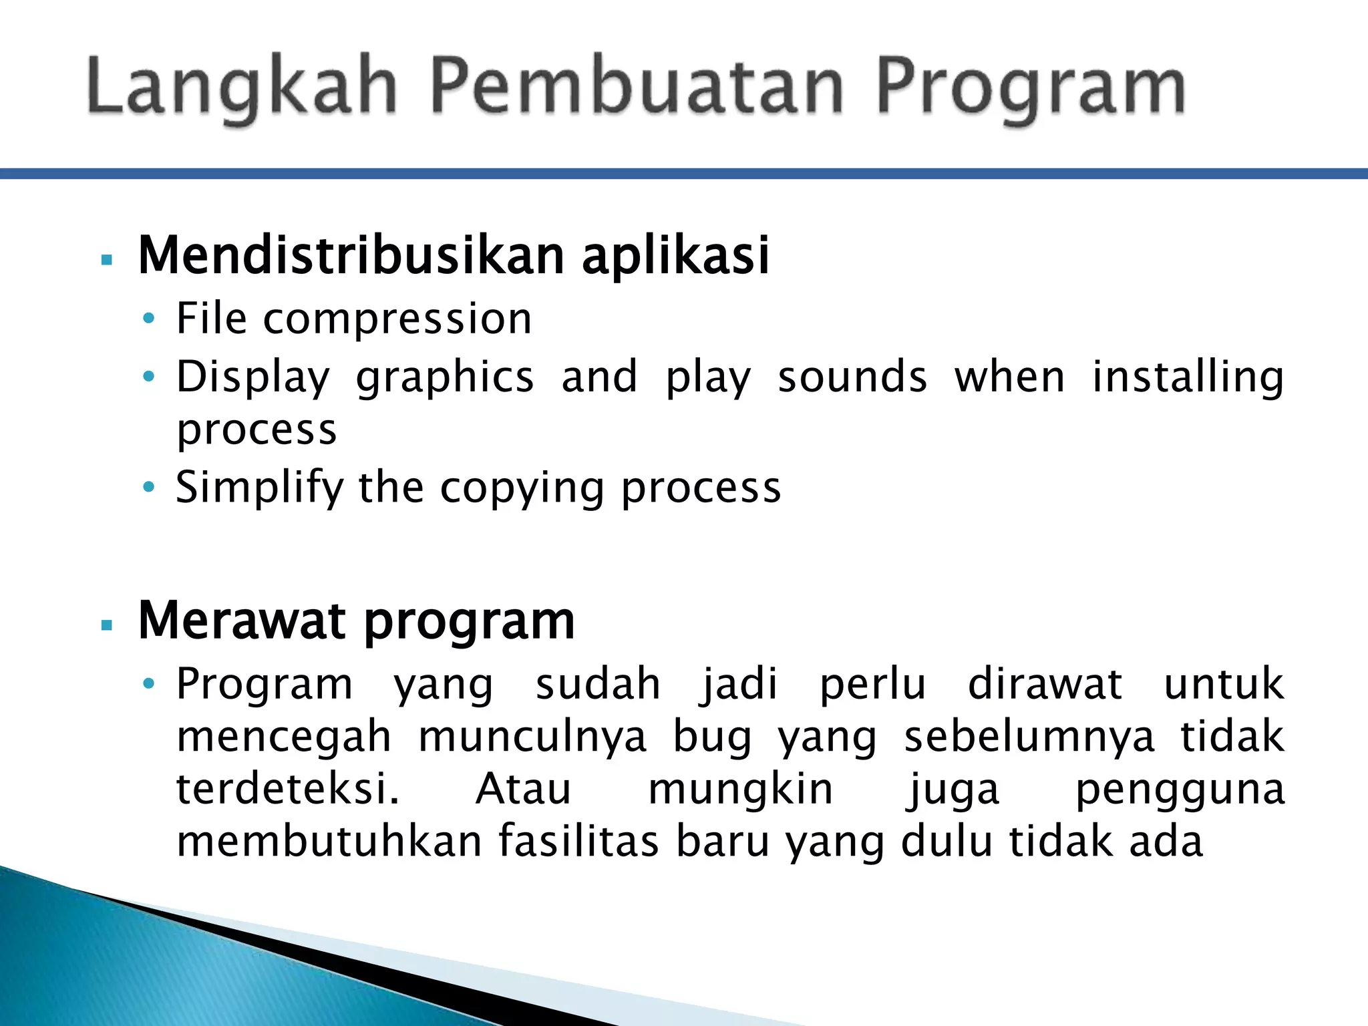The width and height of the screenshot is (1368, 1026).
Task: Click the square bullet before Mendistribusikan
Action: pyautogui.click(x=106, y=260)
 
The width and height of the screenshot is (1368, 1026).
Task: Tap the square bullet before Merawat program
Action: pyautogui.click(x=106, y=625)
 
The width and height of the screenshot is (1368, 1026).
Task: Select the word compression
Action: pyautogui.click(x=397, y=319)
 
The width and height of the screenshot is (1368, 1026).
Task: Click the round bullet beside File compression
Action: pyautogui.click(x=149, y=319)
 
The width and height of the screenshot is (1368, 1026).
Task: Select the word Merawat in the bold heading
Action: pyautogui.click(x=243, y=621)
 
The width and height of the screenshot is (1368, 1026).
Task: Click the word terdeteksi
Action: pyautogui.click(x=287, y=789)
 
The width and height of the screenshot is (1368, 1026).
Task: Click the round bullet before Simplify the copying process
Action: pyautogui.click(x=149, y=486)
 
